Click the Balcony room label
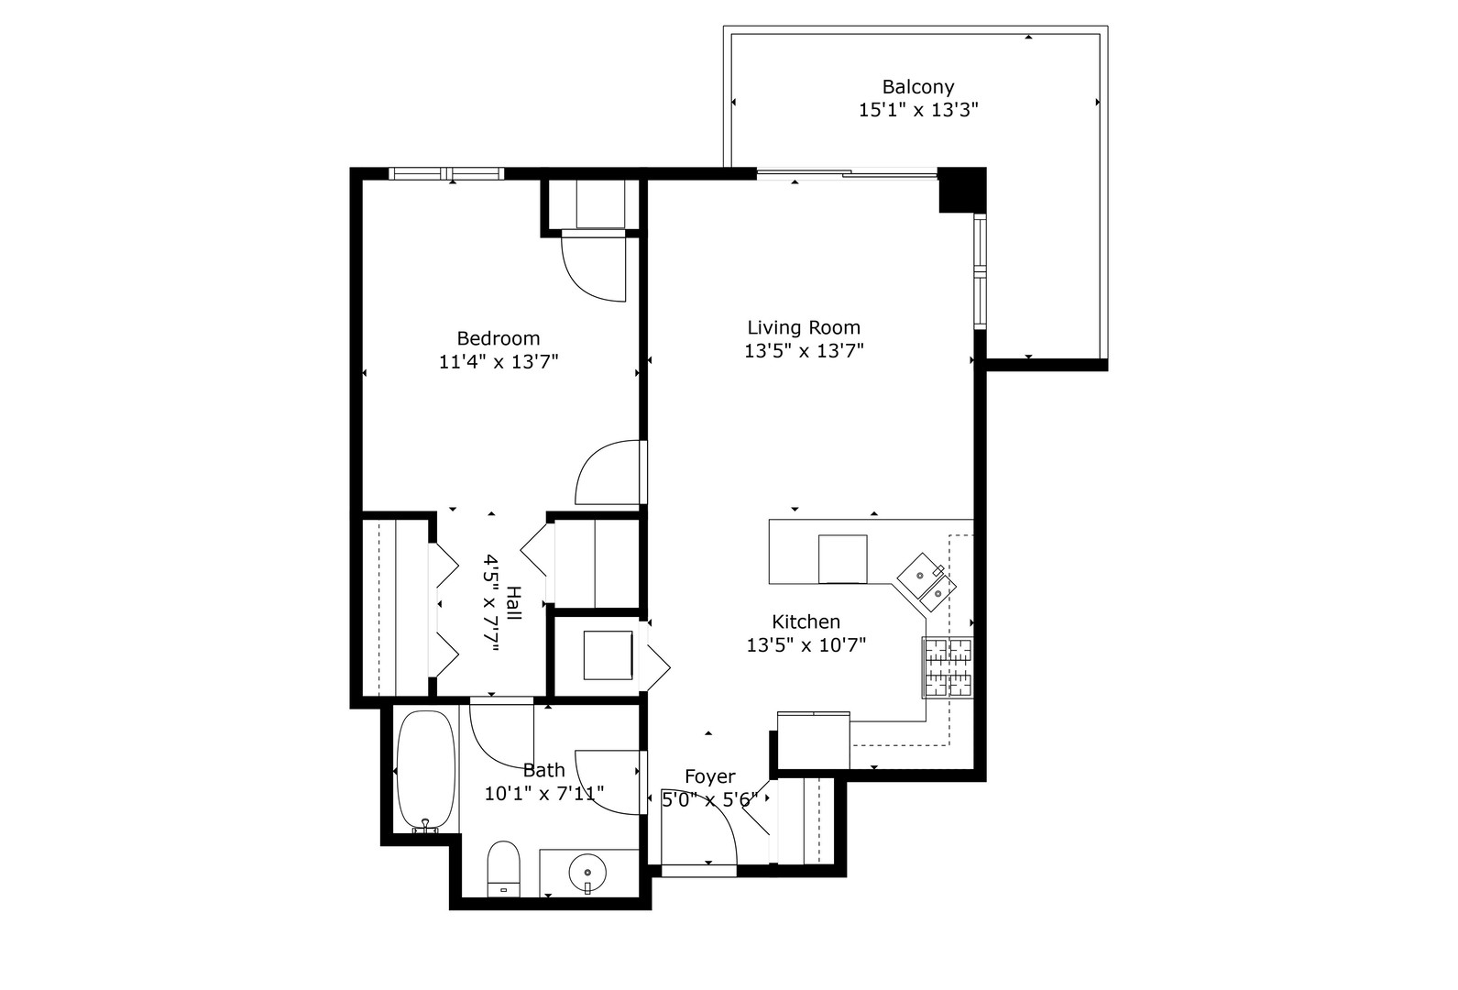click(917, 87)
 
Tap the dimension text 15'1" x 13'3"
click(918, 110)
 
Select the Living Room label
click(803, 327)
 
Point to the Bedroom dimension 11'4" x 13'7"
click(499, 361)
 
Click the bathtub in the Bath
click(425, 770)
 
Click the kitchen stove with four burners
click(948, 667)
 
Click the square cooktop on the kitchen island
click(842, 558)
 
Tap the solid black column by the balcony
click(960, 189)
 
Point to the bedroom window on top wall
click(446, 173)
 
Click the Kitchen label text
click(806, 621)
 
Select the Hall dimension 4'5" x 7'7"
click(502, 602)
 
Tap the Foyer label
click(709, 776)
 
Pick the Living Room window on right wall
click(979, 271)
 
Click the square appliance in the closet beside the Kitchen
click(608, 655)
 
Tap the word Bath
click(543, 770)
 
